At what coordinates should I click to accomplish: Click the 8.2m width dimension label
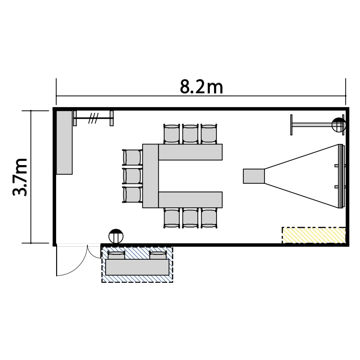(x=201, y=87)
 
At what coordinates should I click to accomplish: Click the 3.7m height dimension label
(x=20, y=177)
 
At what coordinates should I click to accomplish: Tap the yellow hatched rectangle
(x=313, y=235)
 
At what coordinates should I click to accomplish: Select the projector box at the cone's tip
(x=254, y=176)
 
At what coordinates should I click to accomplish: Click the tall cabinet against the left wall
(x=64, y=143)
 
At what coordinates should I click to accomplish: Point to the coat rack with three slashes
(x=93, y=118)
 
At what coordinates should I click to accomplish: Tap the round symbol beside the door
(x=116, y=236)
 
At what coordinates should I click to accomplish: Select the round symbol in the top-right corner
(x=339, y=125)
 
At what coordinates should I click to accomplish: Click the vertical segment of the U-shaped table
(x=150, y=176)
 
